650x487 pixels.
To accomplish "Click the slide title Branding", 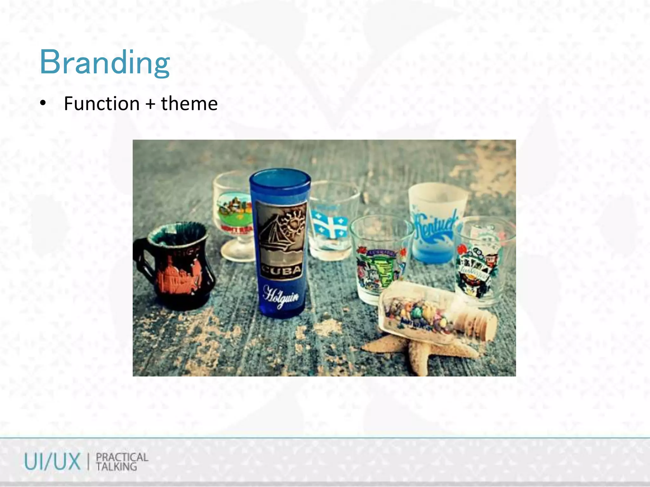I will pyautogui.click(x=104, y=62).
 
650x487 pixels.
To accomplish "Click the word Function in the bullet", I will pyautogui.click(x=102, y=104).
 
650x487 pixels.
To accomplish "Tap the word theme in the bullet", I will pyautogui.click(x=189, y=104).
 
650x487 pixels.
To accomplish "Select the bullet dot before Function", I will pyautogui.click(x=43, y=104).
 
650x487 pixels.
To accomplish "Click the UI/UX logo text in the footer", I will pyautogui.click(x=53, y=462).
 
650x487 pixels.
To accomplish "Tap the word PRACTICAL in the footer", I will pyautogui.click(x=122, y=457).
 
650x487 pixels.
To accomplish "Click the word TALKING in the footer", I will pyautogui.click(x=116, y=467).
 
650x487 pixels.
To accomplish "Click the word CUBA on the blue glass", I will pyautogui.click(x=281, y=270).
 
